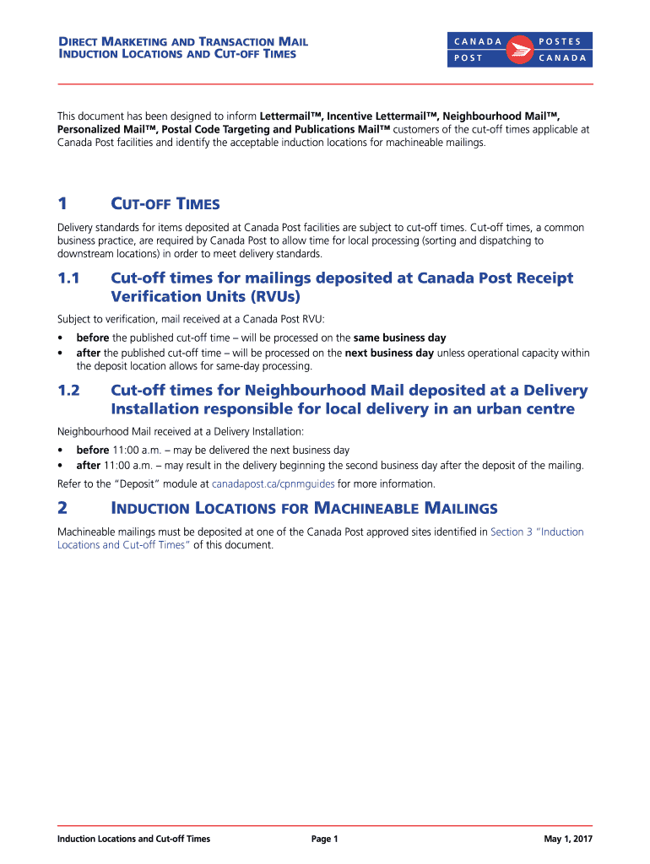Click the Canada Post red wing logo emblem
519,50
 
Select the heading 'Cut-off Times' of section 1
165,204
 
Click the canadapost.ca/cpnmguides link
273,484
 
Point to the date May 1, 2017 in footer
568,839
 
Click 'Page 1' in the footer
324,839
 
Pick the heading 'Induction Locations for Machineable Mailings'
304,508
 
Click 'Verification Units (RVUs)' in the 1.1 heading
205,297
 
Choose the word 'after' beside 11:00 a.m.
88,466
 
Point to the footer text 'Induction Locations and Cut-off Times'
133,839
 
